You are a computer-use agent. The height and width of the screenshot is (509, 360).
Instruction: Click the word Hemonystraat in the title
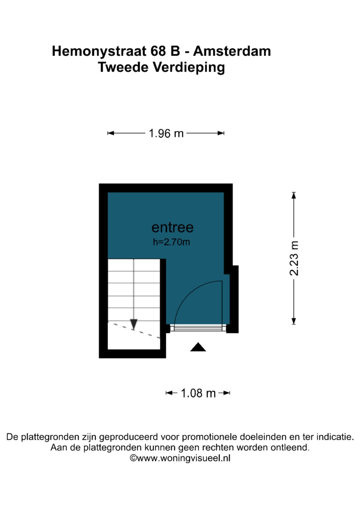(99, 52)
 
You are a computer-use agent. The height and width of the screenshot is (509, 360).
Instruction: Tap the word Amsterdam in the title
(232, 51)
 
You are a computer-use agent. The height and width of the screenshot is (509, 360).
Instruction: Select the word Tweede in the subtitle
(123, 67)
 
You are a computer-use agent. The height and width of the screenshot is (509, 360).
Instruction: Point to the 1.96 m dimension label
(166, 133)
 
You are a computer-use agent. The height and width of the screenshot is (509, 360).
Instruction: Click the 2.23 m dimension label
(294, 258)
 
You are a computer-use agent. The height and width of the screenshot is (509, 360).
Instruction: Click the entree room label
(173, 227)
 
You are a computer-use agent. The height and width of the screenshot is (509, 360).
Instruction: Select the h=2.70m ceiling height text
(171, 242)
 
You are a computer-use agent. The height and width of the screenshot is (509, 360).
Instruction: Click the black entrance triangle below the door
(198, 347)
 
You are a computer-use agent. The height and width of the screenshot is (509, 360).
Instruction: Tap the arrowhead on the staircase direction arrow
(134, 324)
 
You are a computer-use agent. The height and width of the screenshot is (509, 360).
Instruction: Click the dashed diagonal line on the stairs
(134, 330)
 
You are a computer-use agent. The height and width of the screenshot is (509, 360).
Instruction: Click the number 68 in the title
(158, 51)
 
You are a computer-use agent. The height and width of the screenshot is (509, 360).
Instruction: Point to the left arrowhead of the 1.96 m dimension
(111, 133)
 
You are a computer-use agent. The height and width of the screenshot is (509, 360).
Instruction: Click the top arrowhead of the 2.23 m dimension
(294, 195)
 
